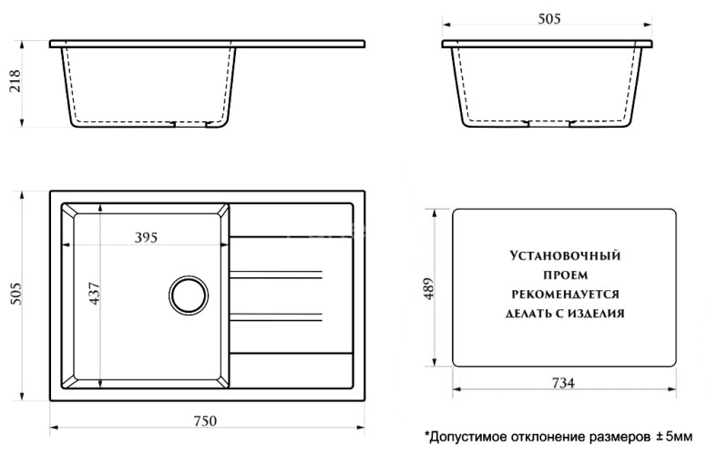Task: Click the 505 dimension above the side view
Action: click(548, 18)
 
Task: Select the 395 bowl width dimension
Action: click(146, 238)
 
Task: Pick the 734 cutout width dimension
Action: click(563, 383)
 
